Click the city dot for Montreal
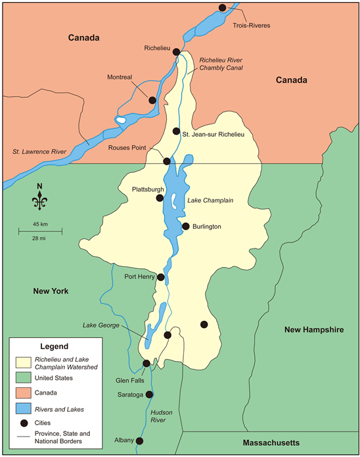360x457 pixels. coord(152,101)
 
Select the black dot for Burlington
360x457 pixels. coord(186,226)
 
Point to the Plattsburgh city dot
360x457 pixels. coord(160,198)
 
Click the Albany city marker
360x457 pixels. coord(139,441)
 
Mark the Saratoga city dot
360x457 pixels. coord(149,395)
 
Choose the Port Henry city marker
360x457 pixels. coord(160,277)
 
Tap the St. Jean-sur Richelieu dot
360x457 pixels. coord(176,131)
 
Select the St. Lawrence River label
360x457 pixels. coord(39,152)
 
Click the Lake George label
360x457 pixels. coord(99,325)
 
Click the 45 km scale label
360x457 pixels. coord(39,225)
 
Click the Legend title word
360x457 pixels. coord(55,346)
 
